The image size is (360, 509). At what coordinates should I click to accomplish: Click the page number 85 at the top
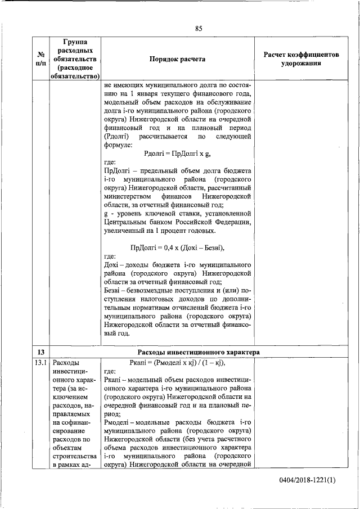pos(199,28)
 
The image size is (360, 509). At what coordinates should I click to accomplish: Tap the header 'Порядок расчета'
pos(177,59)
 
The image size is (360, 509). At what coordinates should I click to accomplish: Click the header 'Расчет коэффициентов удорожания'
pos(301,59)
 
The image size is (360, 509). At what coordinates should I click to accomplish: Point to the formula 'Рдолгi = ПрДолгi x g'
pos(177,154)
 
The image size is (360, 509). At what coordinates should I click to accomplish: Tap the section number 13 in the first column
pos(40,352)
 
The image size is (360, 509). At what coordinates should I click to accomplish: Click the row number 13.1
pos(40,363)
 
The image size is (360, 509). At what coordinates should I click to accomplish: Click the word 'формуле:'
pos(120,145)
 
